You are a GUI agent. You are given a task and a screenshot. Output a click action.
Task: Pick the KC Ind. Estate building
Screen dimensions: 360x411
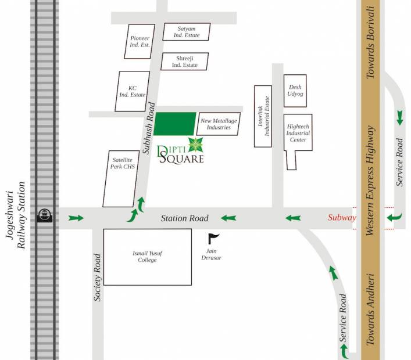point(132,91)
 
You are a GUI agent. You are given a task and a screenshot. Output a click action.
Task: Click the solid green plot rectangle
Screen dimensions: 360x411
point(174,124)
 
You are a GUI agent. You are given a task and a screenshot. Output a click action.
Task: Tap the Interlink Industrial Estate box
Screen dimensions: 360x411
point(262,116)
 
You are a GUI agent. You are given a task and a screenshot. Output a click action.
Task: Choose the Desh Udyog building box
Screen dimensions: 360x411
point(295,91)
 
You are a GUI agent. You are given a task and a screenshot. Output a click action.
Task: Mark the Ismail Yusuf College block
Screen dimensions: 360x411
point(148,257)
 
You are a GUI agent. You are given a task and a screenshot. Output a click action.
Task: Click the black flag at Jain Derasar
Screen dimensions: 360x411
point(214,237)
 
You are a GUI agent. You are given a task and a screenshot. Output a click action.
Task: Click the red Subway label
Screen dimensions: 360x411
point(341,218)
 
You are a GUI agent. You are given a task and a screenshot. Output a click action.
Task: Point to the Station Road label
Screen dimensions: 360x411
point(184,218)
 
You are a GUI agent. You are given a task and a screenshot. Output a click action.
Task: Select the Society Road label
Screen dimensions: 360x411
point(98,277)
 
